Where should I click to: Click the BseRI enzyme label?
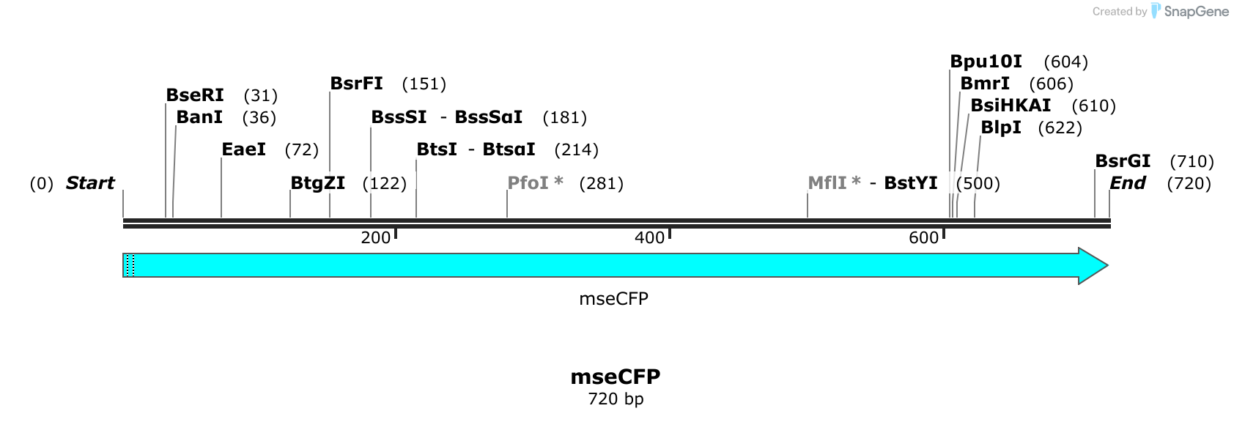pyautogui.click(x=195, y=95)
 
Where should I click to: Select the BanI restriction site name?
pyautogui.click(x=199, y=117)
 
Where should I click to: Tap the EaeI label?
pyautogui.click(x=243, y=149)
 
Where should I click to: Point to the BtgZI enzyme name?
pyautogui.click(x=318, y=183)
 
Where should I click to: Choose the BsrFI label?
pyautogui.click(x=356, y=84)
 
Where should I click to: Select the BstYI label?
pyautogui.click(x=911, y=183)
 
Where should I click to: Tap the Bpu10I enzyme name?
pyautogui.click(x=986, y=62)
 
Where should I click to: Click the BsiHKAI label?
pyautogui.click(x=1011, y=105)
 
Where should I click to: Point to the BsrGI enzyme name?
pyautogui.click(x=1123, y=161)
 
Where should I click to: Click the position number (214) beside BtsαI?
pyautogui.click(x=576, y=150)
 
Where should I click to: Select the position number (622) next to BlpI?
pyautogui.click(x=1060, y=127)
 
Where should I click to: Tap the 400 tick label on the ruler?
pyautogui.click(x=649, y=238)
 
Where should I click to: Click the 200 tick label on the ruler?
pyautogui.click(x=376, y=238)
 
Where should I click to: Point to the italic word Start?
pyautogui.click(x=90, y=183)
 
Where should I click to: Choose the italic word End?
pyautogui.click(x=1128, y=183)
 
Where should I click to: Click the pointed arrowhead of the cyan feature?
pyautogui.click(x=1106, y=266)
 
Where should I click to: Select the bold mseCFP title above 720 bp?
pyautogui.click(x=616, y=377)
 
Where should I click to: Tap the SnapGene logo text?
pyautogui.click(x=1196, y=12)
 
